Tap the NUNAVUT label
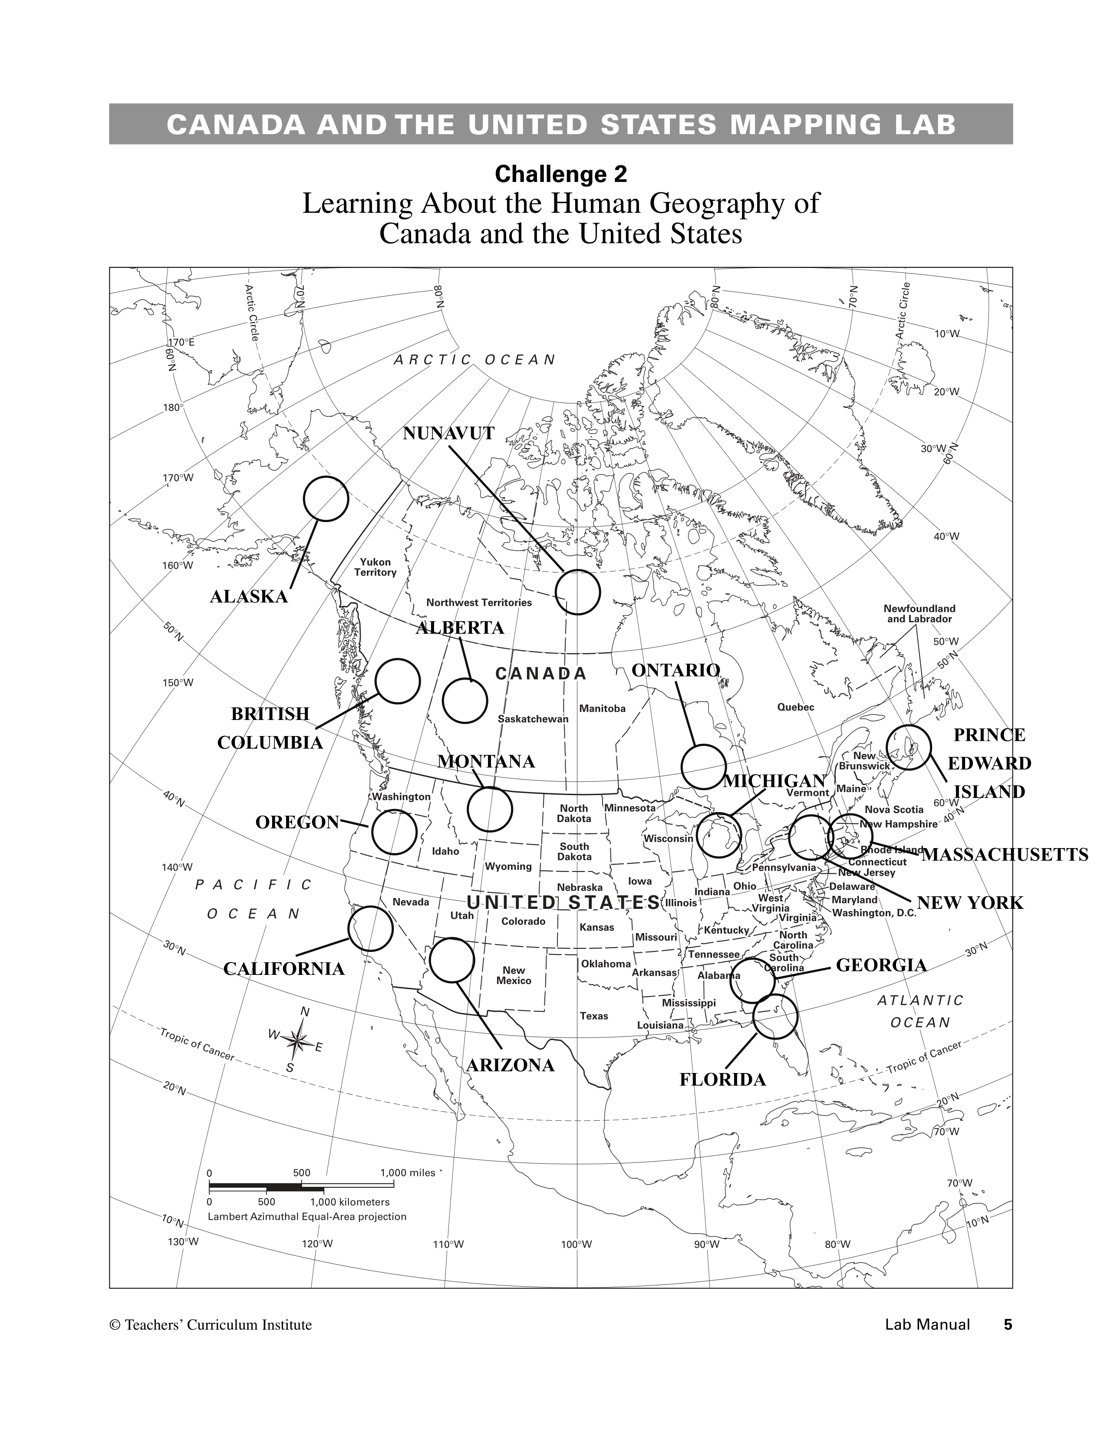(448, 433)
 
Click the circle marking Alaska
(325, 499)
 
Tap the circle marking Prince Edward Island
(908, 747)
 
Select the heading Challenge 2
(561, 174)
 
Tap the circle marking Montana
(489, 809)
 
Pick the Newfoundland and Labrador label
(919, 614)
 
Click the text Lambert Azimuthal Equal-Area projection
(307, 1216)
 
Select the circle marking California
(370, 928)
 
